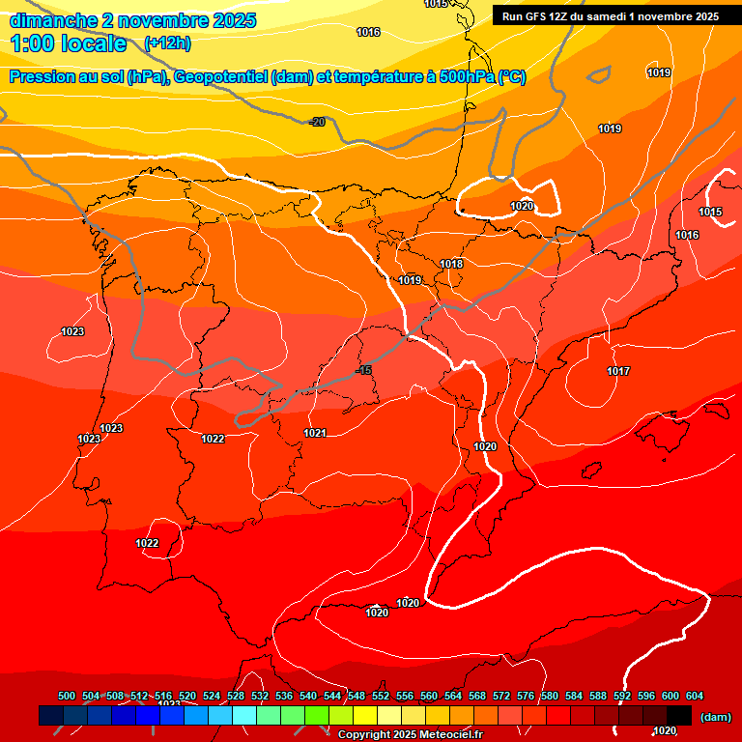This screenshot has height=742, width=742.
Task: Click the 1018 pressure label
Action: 451,264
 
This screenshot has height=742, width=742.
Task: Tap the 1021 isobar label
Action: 315,433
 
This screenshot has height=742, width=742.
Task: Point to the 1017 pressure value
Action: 618,371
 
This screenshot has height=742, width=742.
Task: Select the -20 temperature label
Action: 317,122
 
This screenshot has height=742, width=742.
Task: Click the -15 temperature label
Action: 363,371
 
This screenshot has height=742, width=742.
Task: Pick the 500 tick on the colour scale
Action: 67,696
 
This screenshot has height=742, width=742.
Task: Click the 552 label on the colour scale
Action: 381,696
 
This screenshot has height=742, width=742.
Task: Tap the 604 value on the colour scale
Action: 695,696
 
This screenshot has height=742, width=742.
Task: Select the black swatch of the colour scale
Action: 679,715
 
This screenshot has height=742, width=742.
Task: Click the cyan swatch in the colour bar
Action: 244,715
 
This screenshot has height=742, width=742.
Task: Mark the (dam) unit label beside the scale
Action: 716,716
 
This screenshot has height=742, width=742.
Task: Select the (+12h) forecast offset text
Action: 167,43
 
